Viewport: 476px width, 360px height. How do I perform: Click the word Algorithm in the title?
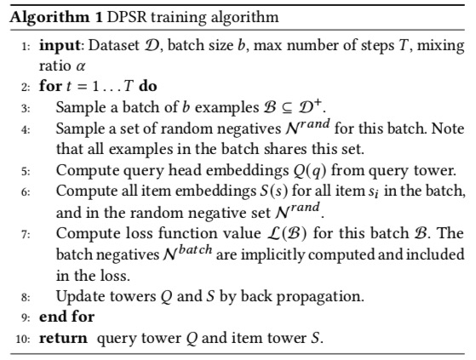pyautogui.click(x=49, y=18)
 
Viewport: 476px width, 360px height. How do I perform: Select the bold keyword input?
pyautogui.click(x=60, y=46)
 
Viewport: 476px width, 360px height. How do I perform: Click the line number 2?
pyautogui.click(x=26, y=87)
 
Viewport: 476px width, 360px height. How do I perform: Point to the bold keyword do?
pyautogui.click(x=148, y=86)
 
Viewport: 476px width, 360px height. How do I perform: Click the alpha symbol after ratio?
pyautogui.click(x=80, y=66)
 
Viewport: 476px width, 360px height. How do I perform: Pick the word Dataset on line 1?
pyautogui.click(x=114, y=45)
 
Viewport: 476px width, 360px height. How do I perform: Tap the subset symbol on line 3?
pyautogui.click(x=287, y=109)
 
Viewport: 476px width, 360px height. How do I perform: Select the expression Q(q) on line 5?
pyautogui.click(x=309, y=171)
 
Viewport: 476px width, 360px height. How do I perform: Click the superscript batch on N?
pyautogui.click(x=195, y=250)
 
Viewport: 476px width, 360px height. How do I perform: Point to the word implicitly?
pyautogui.click(x=272, y=255)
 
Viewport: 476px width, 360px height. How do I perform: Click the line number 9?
pyautogui.click(x=26, y=317)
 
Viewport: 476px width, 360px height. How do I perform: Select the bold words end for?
pyautogui.click(x=66, y=317)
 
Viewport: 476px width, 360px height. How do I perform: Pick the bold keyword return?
pyautogui.click(x=63, y=338)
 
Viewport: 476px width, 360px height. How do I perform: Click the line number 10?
pyautogui.click(x=23, y=339)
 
